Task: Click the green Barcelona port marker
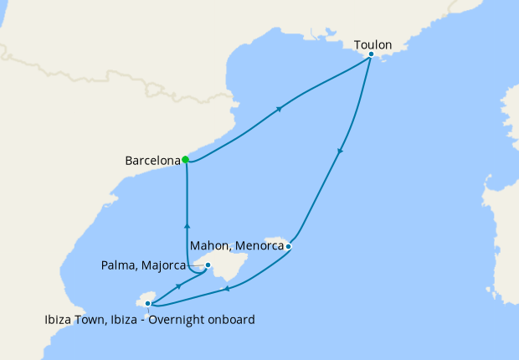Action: tap(185, 159)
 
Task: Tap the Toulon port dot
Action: tap(371, 54)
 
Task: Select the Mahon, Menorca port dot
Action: tap(287, 246)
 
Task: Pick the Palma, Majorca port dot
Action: tap(208, 265)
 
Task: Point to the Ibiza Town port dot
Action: tap(148, 304)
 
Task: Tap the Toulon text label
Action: tap(373, 44)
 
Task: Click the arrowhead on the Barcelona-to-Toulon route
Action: tap(279, 108)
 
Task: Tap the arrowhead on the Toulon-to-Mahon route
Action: tap(340, 152)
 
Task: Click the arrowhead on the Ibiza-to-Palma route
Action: tap(179, 286)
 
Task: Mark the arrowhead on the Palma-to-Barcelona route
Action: tap(187, 224)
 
